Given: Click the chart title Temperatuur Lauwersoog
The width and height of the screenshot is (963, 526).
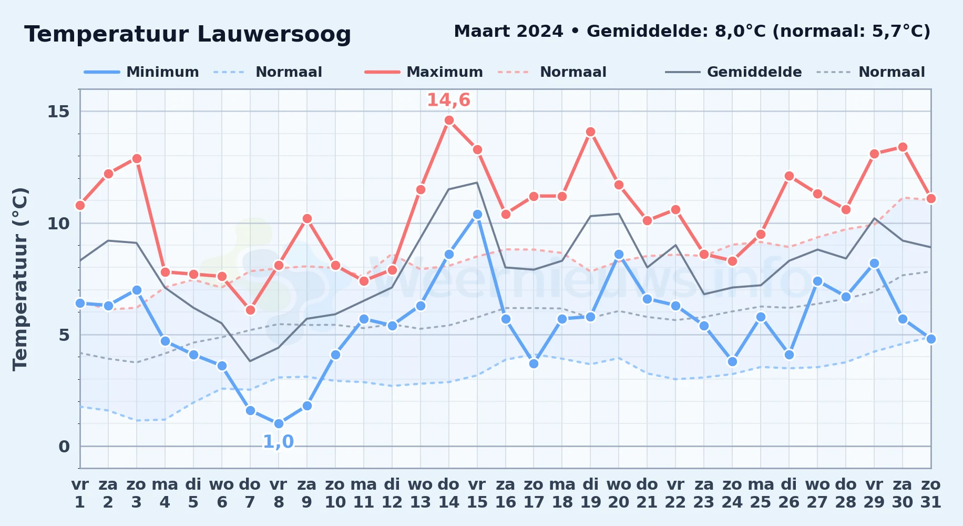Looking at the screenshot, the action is pyautogui.click(x=188, y=35).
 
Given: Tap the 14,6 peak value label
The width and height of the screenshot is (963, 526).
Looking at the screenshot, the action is pyautogui.click(x=448, y=100).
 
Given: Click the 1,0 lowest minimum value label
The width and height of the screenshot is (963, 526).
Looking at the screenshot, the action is pyautogui.click(x=278, y=442).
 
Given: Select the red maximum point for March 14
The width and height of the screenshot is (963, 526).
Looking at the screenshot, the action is pyautogui.click(x=449, y=120).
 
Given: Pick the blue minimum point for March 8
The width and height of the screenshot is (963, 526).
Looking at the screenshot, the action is pyautogui.click(x=279, y=424).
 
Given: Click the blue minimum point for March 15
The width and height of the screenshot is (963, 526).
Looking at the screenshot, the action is pyautogui.click(x=477, y=215).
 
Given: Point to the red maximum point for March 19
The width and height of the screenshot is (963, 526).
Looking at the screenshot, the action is pyautogui.click(x=590, y=132).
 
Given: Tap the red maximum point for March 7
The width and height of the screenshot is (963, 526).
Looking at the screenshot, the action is pyautogui.click(x=250, y=310).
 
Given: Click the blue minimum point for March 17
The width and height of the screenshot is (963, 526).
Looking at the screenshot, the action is pyautogui.click(x=534, y=363).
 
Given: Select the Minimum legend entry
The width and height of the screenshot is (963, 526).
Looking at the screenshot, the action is pyautogui.click(x=141, y=72).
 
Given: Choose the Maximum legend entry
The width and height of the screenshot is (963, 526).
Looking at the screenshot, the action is pyautogui.click(x=424, y=72).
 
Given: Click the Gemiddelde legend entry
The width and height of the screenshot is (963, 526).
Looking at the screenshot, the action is pyautogui.click(x=734, y=72).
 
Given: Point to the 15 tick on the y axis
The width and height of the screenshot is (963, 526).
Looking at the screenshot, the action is pyautogui.click(x=58, y=112).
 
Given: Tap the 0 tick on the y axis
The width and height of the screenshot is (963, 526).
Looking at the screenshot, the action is pyautogui.click(x=64, y=447).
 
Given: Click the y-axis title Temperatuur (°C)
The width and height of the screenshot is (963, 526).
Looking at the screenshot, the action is pyautogui.click(x=20, y=279).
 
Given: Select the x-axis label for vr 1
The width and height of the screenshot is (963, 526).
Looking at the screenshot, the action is pyautogui.click(x=80, y=493).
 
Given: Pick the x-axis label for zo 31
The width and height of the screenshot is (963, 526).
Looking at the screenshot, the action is pyautogui.click(x=931, y=493).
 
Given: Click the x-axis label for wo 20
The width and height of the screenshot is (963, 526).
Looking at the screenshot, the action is pyautogui.click(x=619, y=493).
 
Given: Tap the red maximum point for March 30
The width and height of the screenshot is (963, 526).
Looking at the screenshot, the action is pyautogui.click(x=903, y=147).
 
